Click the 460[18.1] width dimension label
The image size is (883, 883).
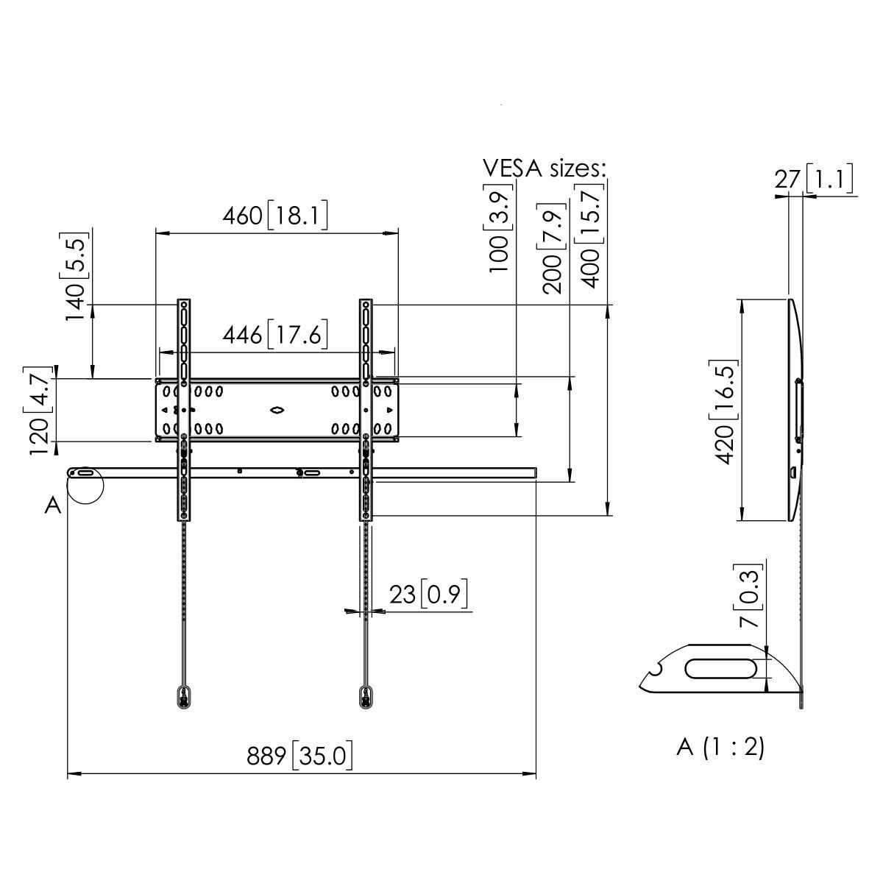pos(275,216)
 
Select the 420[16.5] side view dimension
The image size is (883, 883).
pos(725,411)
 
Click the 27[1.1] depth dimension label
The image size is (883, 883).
pos(813,179)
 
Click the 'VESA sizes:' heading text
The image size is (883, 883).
pos(545,168)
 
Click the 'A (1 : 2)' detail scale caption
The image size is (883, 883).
pos(720,747)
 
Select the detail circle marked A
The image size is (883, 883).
pos(85,486)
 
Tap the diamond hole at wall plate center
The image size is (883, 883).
pos(277,410)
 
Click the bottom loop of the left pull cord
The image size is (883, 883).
pos(182,696)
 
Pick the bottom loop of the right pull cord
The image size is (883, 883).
pos(365,696)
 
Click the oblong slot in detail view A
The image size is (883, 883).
pos(721,669)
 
